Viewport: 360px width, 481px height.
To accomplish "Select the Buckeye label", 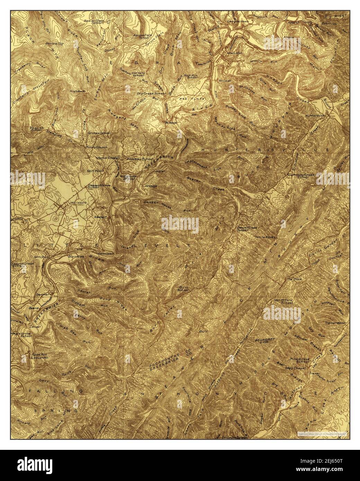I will click(172, 122).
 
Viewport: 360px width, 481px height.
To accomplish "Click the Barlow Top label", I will click(54, 44).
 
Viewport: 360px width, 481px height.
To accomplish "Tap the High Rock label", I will click(77, 91).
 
